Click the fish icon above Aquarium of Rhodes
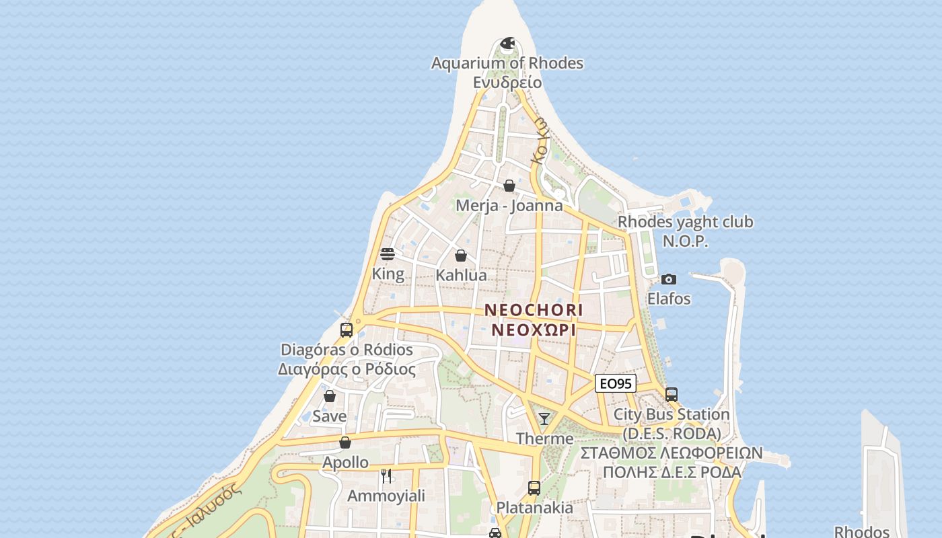[507, 44]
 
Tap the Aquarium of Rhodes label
[507, 63]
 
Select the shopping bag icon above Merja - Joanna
[509, 186]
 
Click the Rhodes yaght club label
[686, 222]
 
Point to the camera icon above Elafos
[668, 279]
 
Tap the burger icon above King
[388, 254]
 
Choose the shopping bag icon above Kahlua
[461, 256]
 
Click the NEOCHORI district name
[534, 310]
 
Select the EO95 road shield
[616, 384]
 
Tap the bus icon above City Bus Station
[671, 395]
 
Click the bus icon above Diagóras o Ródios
[347, 330]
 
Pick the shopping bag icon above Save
[330, 397]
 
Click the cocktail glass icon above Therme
[544, 419]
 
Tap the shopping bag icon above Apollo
[345, 443]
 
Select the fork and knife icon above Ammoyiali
[386, 476]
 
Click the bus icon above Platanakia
[534, 488]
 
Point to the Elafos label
[669, 299]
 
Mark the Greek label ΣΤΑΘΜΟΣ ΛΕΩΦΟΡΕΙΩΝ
[672, 453]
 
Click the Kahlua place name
[461, 275]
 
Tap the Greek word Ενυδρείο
[507, 82]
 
